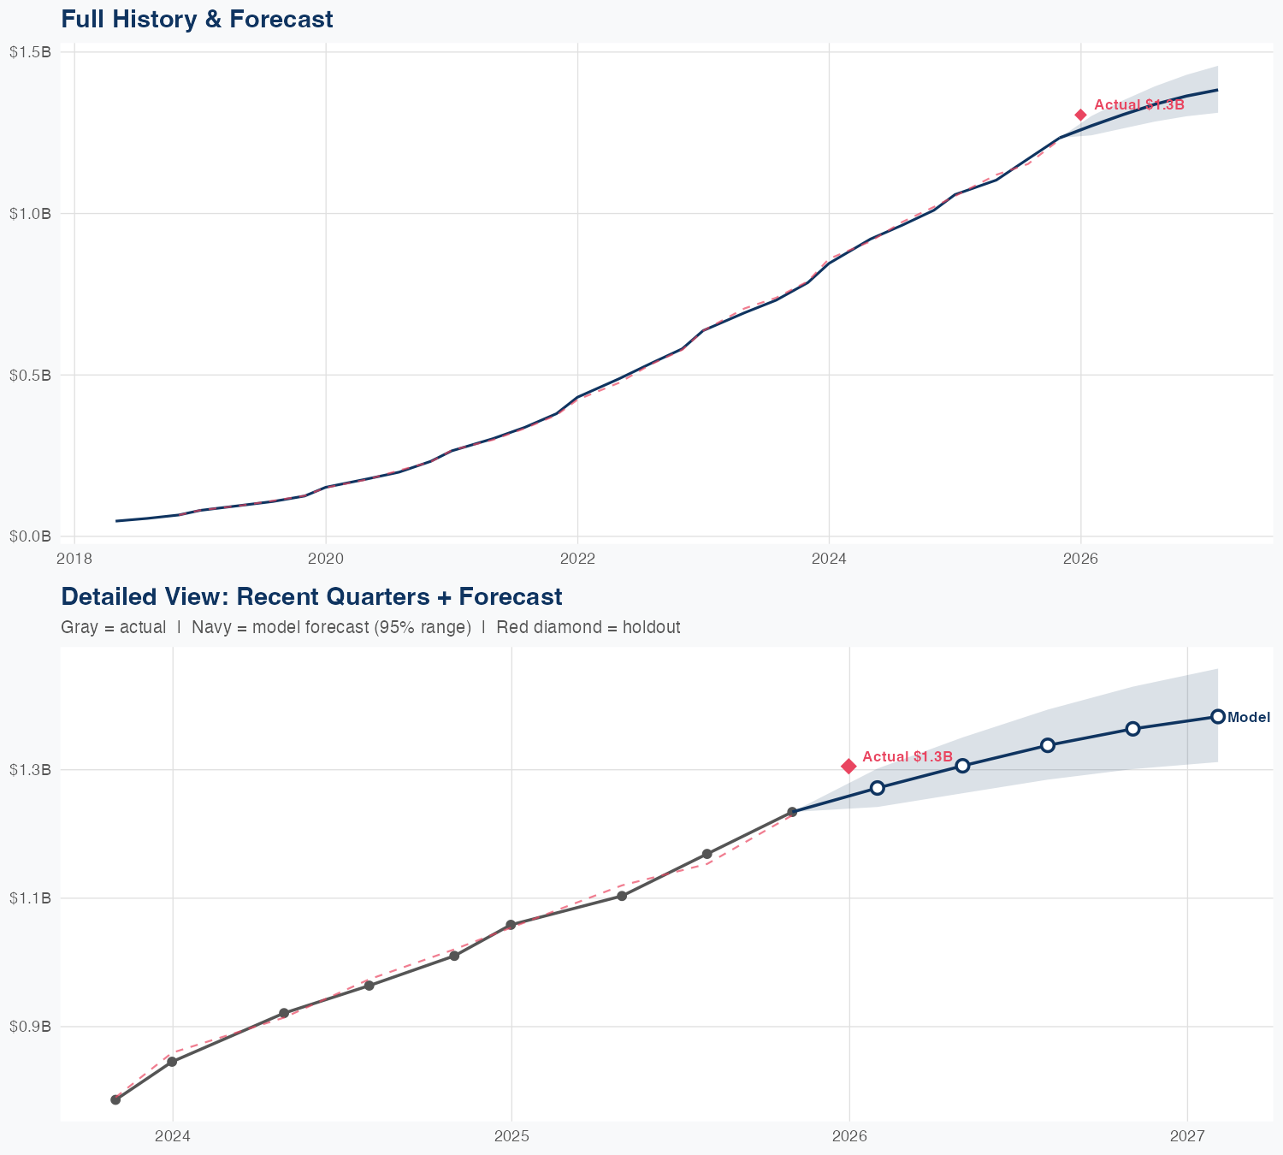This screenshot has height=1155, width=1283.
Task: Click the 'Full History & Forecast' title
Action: click(x=197, y=19)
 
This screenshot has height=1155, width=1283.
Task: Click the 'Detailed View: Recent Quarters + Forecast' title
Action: click(x=311, y=596)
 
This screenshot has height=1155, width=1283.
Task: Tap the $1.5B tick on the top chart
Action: click(x=30, y=52)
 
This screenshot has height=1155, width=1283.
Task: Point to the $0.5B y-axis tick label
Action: click(x=30, y=375)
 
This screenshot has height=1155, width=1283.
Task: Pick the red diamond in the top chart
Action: click(x=1081, y=115)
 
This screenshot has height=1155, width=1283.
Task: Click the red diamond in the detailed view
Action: click(x=848, y=766)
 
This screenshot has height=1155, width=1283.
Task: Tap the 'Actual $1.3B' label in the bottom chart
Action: click(x=907, y=757)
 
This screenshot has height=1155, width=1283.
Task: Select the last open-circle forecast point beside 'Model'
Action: click(x=1218, y=717)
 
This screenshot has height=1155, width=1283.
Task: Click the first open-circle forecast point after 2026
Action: click(x=878, y=788)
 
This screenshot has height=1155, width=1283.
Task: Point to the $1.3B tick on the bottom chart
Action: click(x=30, y=770)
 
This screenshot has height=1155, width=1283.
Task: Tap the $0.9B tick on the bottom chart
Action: click(x=30, y=1026)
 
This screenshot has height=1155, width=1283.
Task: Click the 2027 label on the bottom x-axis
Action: click(x=1187, y=1136)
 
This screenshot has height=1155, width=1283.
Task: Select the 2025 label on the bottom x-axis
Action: click(x=511, y=1136)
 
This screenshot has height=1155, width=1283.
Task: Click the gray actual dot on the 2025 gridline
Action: click(x=511, y=925)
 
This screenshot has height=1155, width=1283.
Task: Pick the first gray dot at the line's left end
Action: click(x=115, y=1099)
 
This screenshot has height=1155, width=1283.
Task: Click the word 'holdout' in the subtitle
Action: click(x=652, y=627)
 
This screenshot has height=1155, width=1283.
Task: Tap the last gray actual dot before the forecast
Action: click(x=792, y=812)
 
